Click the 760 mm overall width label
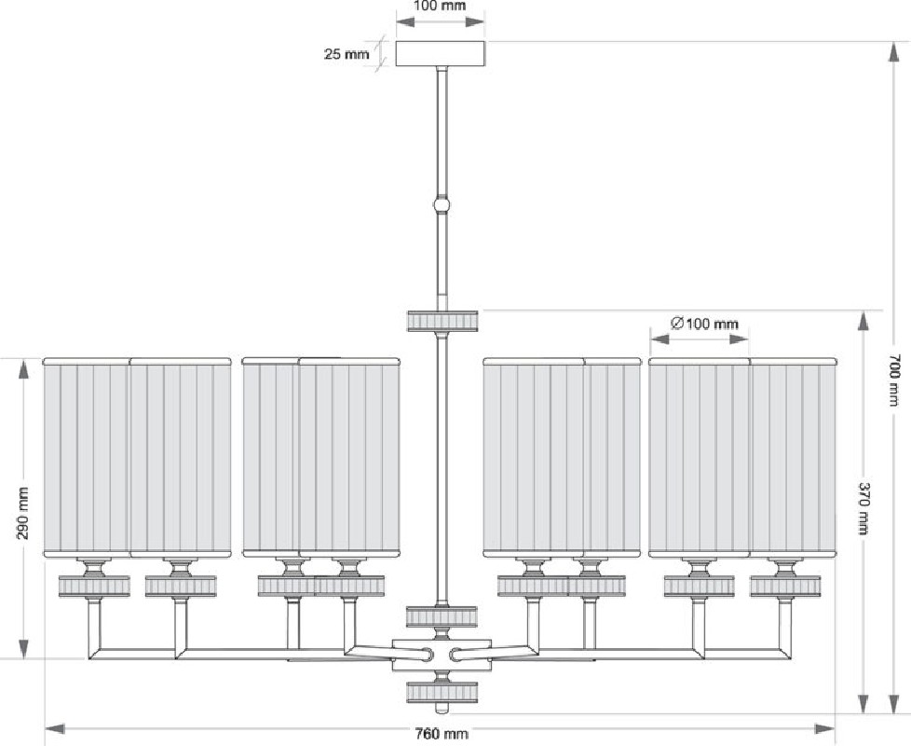pos(442,733)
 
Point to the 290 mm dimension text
pos(22,514)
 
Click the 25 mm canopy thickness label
pos(347,54)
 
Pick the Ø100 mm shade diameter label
pos(704,324)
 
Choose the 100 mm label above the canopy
pos(440,7)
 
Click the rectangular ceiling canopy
pos(441,53)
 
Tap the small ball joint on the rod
pos(442,206)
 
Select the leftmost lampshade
pos(87,457)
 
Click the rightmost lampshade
pos(794,457)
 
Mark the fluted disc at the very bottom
pos(442,692)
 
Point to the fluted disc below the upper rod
pos(442,321)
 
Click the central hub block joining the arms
pos(442,655)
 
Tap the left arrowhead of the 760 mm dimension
pos(54,728)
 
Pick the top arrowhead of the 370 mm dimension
pos(863,322)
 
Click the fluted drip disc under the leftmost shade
pos(94,587)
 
